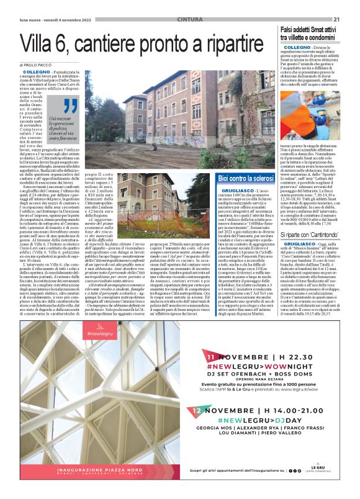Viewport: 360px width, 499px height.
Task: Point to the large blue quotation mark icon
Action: pos(70,107)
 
